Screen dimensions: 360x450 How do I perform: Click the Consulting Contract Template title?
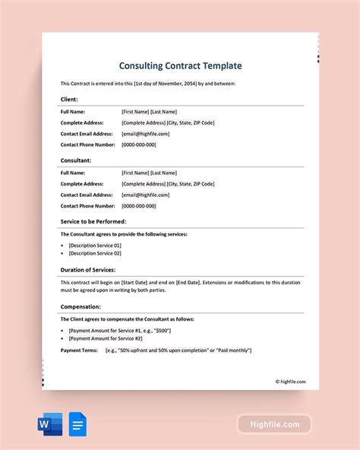179,67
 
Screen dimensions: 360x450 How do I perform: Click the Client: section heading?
69,100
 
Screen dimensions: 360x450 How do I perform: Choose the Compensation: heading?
81,307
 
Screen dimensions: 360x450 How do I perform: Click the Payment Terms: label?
80,350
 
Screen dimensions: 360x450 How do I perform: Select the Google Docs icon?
77,423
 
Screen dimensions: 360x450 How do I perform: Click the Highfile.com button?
274,424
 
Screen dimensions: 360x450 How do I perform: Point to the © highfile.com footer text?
290,382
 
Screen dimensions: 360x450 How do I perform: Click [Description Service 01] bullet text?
95,246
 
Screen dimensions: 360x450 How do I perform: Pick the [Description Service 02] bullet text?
95,254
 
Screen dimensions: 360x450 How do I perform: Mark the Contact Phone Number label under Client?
87,144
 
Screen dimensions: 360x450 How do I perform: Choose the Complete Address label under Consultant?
81,183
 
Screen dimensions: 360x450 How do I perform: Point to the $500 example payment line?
119,331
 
